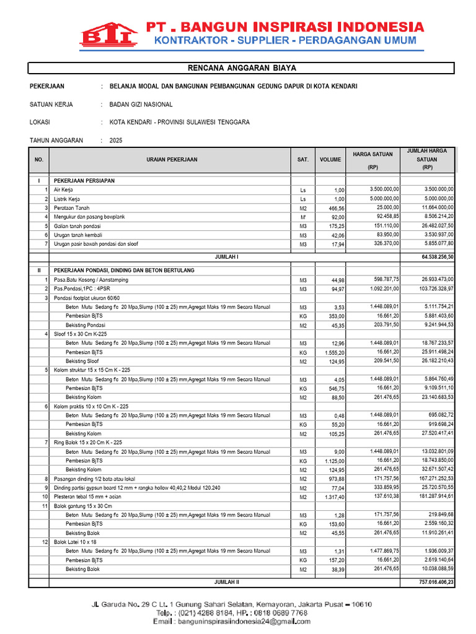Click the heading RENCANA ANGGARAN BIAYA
coord(237,67)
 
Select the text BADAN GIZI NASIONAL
coord(141,105)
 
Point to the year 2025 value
coord(116,141)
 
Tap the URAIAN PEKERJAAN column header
coord(172,160)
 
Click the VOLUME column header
coord(330,160)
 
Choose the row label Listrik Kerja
coord(69,199)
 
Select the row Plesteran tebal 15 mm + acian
coord(87,497)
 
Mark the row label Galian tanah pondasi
coord(77,226)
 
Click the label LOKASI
coord(40,123)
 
